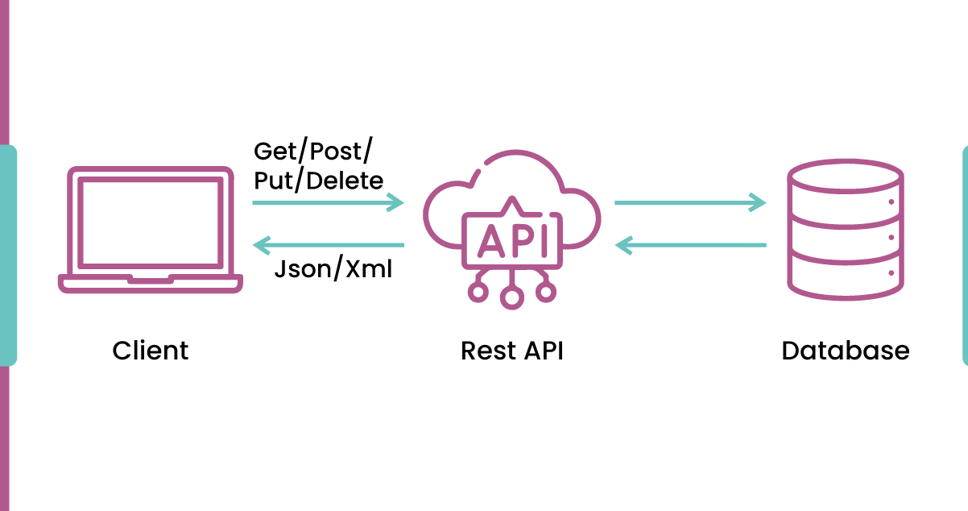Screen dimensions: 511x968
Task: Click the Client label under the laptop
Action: point(151,351)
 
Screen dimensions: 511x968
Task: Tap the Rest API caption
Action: point(511,351)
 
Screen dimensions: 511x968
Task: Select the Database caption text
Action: point(846,351)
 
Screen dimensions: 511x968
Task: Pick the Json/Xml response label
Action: point(333,268)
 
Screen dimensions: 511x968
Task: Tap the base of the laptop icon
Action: point(151,283)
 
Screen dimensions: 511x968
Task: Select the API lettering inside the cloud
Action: point(511,239)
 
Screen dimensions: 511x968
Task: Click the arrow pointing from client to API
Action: point(328,202)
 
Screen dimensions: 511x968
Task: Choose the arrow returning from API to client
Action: point(328,244)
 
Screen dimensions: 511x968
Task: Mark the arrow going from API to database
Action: point(689,202)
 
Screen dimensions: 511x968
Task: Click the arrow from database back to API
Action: point(689,244)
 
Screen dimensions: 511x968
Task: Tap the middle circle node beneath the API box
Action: point(511,297)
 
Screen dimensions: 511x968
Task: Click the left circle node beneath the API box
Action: point(478,291)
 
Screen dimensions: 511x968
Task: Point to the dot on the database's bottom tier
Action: point(891,274)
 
